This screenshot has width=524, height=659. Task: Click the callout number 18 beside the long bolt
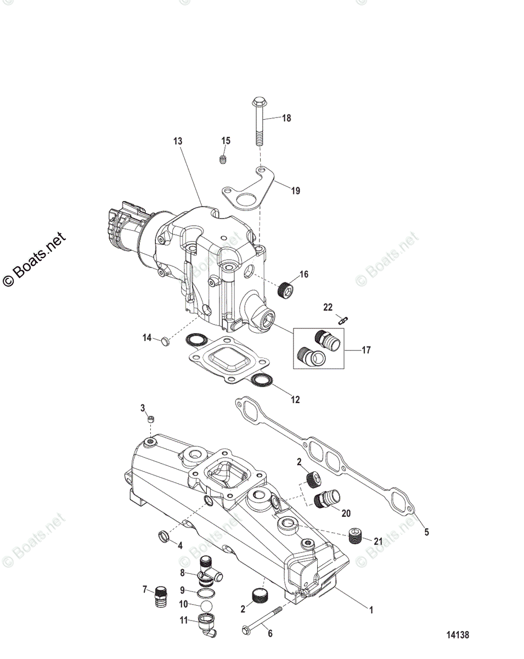[286, 118]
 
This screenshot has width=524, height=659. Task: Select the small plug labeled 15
[223, 160]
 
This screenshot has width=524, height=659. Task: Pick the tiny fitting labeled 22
[345, 319]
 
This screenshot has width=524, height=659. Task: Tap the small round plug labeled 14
[164, 342]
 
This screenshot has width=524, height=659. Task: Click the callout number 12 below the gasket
[295, 400]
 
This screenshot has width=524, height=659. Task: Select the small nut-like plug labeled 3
[150, 420]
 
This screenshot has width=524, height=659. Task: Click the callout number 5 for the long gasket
[426, 532]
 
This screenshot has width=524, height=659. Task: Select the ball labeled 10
[207, 605]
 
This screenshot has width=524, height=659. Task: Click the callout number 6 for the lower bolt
[269, 633]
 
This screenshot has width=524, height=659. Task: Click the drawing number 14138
[457, 635]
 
